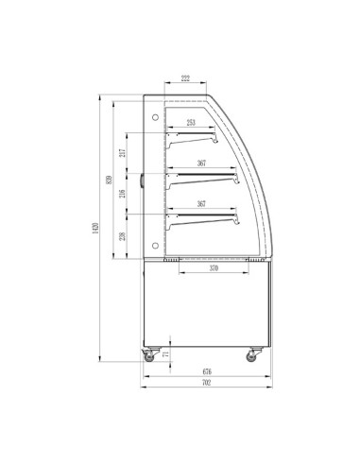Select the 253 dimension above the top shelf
click(x=191, y=123)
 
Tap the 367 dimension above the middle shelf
click(x=202, y=164)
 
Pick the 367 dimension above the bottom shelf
click(x=202, y=204)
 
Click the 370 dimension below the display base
click(x=214, y=268)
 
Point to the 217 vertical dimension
click(x=121, y=154)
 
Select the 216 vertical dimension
click(x=121, y=195)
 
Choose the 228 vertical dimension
click(x=121, y=236)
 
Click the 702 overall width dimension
click(x=206, y=384)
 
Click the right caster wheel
click(x=254, y=357)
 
